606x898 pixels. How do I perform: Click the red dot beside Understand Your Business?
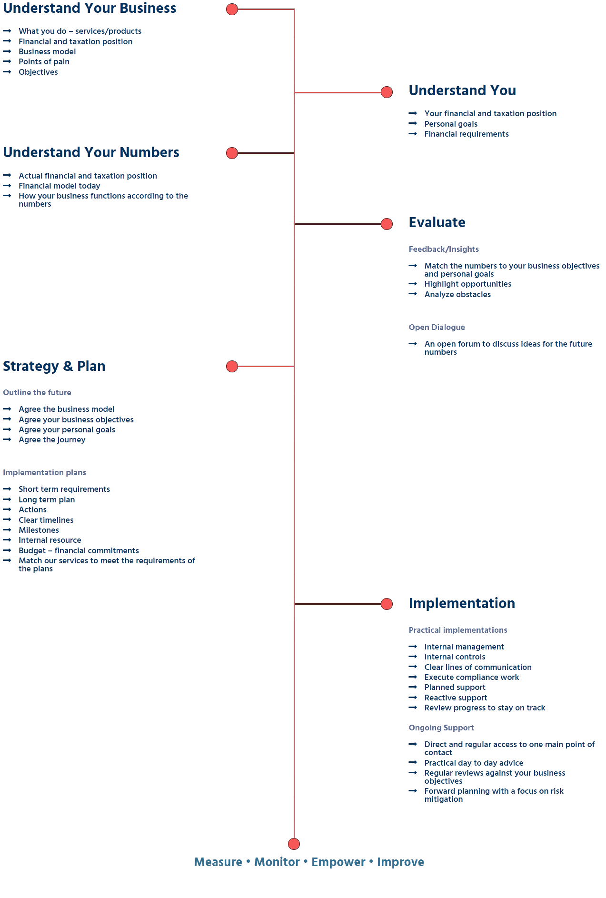tap(232, 10)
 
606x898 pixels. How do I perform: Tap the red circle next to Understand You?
tap(387, 92)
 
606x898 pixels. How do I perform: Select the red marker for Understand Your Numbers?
tap(232, 153)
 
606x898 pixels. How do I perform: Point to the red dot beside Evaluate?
tap(387, 224)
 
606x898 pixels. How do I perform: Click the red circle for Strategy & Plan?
tap(232, 366)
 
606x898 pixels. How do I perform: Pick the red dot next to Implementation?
tap(387, 604)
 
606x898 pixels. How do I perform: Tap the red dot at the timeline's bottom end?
tap(294, 844)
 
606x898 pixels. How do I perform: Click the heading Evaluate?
tap(437, 222)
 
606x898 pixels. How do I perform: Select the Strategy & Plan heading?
tap(54, 366)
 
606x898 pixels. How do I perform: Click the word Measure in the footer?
tap(218, 862)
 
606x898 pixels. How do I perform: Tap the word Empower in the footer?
tap(338, 862)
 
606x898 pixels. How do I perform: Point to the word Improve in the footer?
tap(400, 862)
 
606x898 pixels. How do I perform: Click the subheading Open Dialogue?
tap(437, 327)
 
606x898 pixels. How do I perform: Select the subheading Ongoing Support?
tap(441, 728)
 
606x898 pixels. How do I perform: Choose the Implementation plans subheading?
tap(44, 472)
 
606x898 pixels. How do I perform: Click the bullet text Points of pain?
tap(44, 61)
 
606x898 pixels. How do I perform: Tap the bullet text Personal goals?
tap(451, 124)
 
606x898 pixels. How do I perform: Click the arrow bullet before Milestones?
tap(7, 530)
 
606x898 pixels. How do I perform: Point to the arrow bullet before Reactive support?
tap(413, 698)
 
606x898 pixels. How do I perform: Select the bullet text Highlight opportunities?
tap(467, 284)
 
